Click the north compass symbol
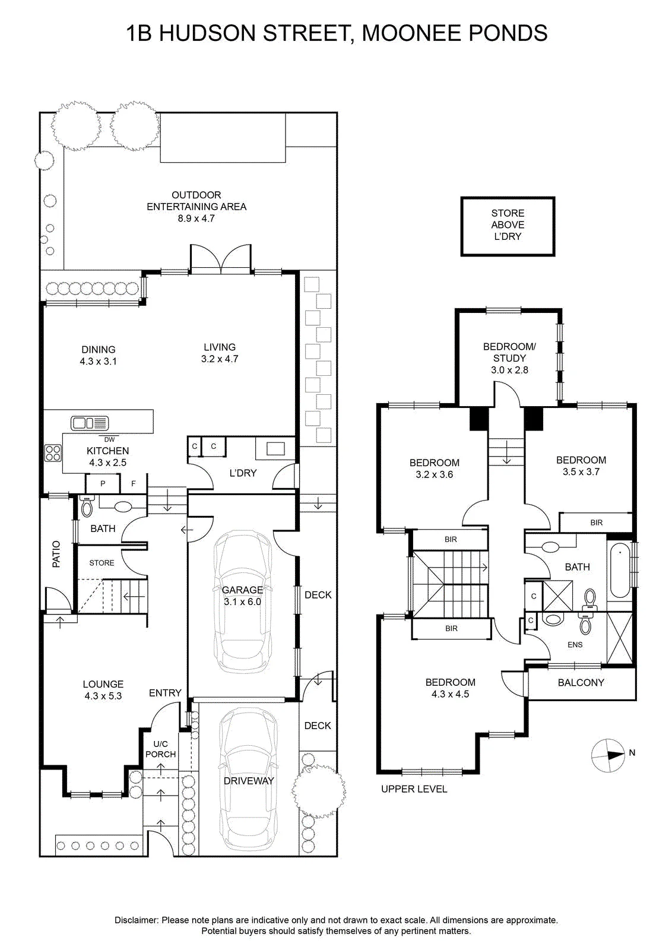click(608, 755)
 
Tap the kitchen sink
click(90, 423)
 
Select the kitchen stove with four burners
click(53, 452)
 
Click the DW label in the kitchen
click(109, 439)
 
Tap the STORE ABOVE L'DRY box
click(508, 226)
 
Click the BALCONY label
click(581, 682)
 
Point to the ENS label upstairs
click(575, 645)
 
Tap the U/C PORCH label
click(160, 749)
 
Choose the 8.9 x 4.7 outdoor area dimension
click(196, 218)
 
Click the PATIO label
click(56, 554)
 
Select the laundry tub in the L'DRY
click(275, 448)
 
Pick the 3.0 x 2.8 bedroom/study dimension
click(509, 370)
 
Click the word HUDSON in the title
click(207, 33)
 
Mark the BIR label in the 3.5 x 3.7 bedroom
click(596, 522)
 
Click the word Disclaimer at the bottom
click(137, 920)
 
